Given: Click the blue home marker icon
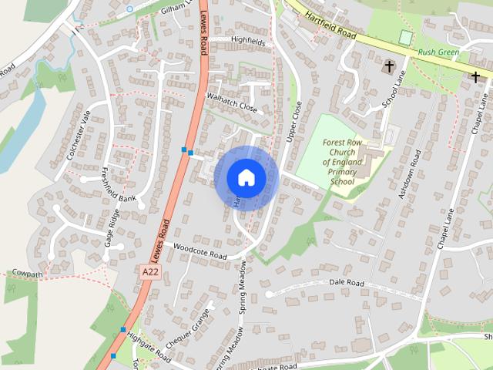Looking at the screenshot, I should (246, 178).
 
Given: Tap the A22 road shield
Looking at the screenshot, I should (152, 272).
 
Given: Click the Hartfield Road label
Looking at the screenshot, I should (330, 25).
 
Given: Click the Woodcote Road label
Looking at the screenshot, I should (200, 251).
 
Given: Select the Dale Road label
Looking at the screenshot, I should (346, 283).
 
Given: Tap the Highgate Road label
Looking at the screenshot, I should (148, 347).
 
